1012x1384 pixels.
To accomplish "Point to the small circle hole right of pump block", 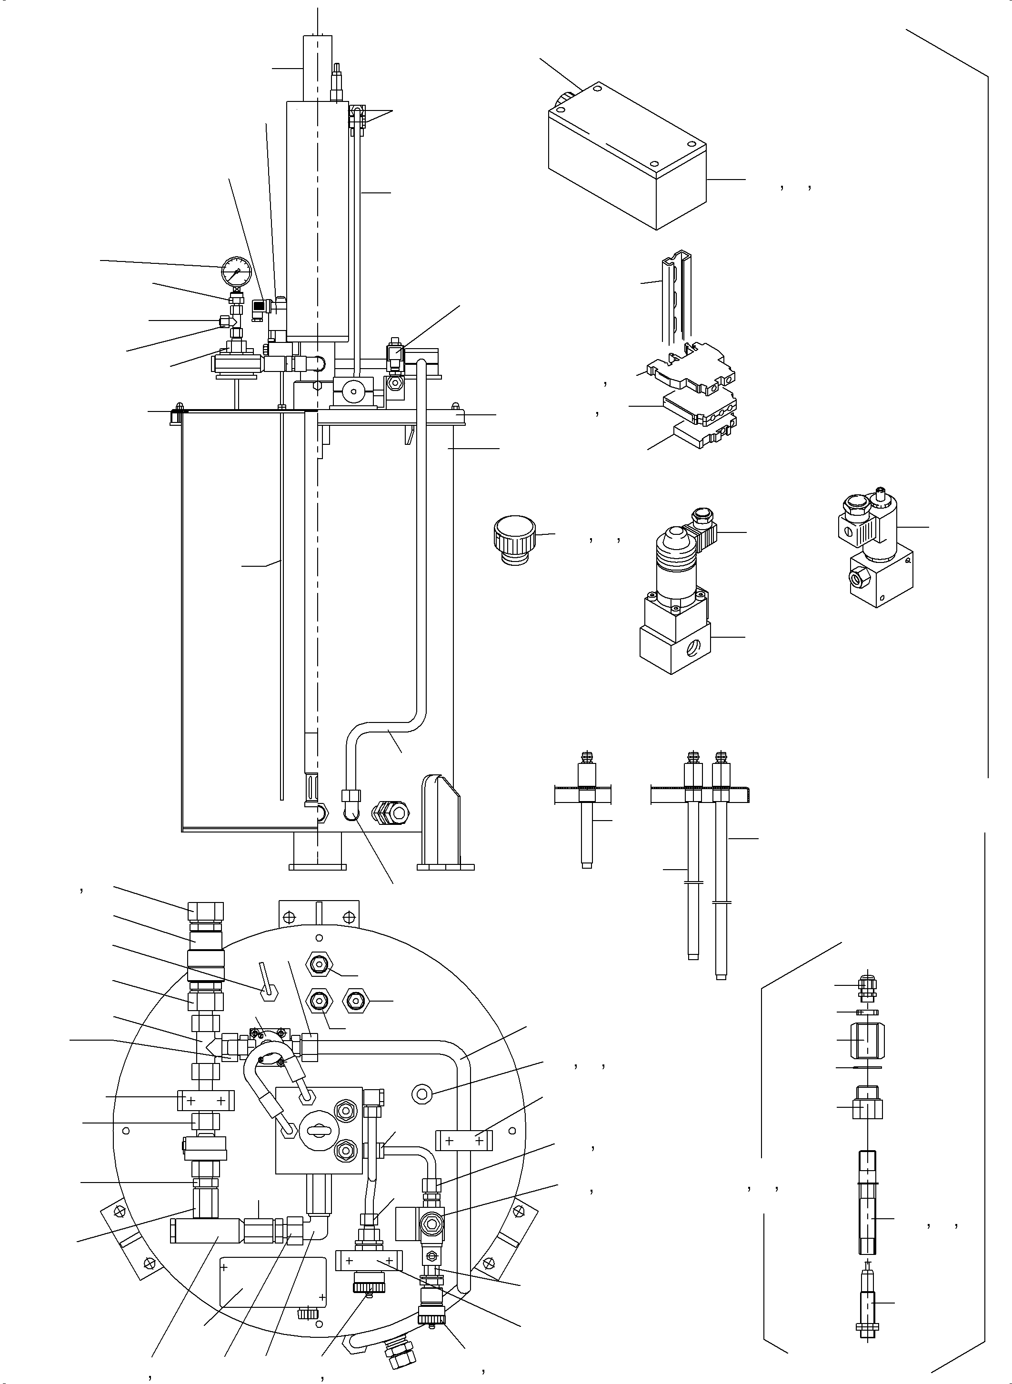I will [420, 1094].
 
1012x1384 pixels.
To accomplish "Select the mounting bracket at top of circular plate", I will [319, 916].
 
